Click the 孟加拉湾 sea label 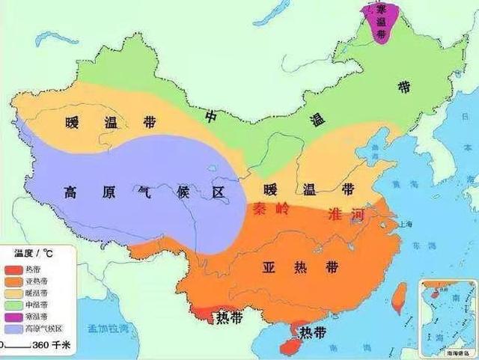(x=109, y=327)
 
